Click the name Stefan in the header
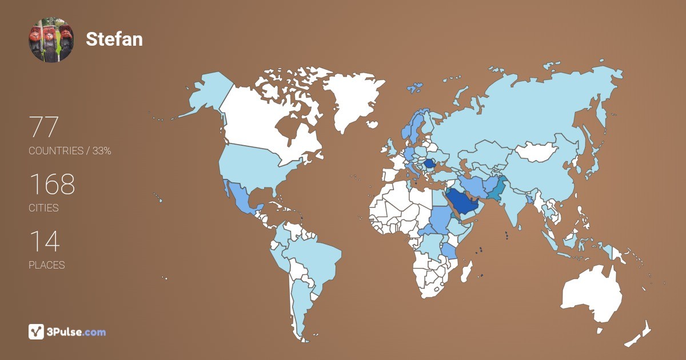pos(114,39)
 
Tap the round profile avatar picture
pos(51,39)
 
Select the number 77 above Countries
pos(44,127)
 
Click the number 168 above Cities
pos(52,185)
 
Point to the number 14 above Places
pos(44,242)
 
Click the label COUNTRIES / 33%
pos(70,151)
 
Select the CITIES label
pos(43,208)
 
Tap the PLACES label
pos(46,265)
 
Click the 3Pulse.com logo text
pos(77,332)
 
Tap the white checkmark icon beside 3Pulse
pos(37,331)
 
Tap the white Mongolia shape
pos(537,151)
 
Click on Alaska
pos(206,94)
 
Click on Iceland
pos(414,88)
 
